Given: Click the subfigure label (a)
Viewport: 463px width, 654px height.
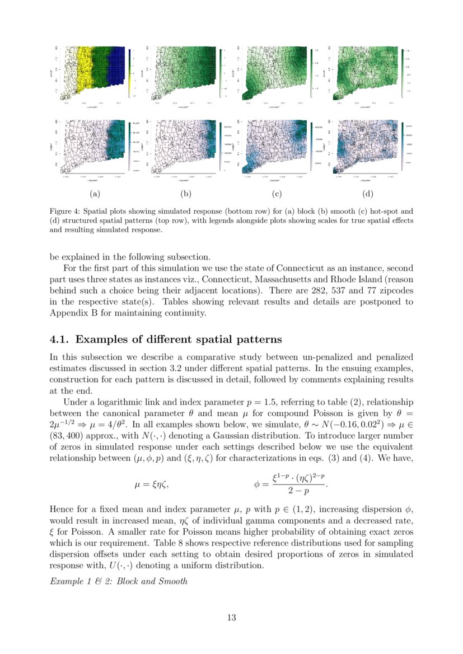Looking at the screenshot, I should coord(94,194).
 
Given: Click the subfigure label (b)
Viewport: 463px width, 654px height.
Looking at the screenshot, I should coord(185,194).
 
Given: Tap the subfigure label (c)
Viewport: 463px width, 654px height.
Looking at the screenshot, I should coord(277,194).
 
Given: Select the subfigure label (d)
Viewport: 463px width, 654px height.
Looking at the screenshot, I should coord(368,194).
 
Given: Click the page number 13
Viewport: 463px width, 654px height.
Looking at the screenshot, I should coord(231,618).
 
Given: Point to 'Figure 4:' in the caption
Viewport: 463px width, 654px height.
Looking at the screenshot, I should coord(66,211).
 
